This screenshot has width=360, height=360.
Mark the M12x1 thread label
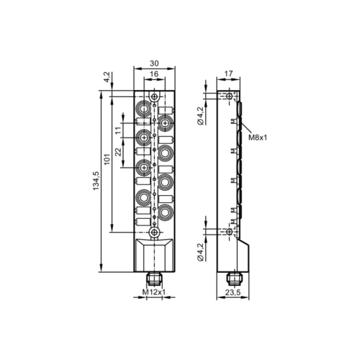[154, 292]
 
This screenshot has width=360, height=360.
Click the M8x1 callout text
[258, 137]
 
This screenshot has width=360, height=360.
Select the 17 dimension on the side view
[228, 72]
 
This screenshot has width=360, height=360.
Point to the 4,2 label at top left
[106, 77]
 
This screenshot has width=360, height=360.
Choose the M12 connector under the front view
[153, 277]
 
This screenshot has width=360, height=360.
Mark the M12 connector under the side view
[231, 277]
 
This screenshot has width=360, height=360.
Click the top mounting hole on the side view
[229, 96]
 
